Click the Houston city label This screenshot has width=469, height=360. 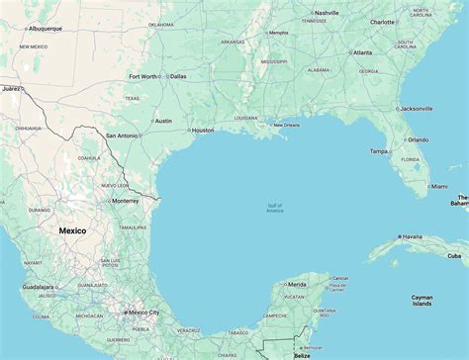pyautogui.click(x=202, y=131)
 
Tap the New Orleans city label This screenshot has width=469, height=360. pyautogui.click(x=286, y=125)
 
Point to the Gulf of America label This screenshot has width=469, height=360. pyautogui.click(x=274, y=208)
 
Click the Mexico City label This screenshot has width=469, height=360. pyautogui.click(x=142, y=313)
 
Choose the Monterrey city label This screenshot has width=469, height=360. pyautogui.click(x=126, y=201)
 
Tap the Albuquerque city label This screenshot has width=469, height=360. pyautogui.click(x=44, y=29)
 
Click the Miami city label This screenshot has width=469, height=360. pyautogui.click(x=438, y=186)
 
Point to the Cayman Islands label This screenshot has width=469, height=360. pyautogui.click(x=422, y=301)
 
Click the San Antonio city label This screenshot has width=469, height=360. pyautogui.click(x=123, y=135)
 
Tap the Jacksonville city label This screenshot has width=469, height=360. pyautogui.click(x=416, y=109)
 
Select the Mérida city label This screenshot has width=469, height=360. pyautogui.click(x=297, y=285)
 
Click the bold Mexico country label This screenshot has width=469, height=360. pyautogui.click(x=72, y=230)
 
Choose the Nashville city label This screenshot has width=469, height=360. pyautogui.click(x=327, y=13)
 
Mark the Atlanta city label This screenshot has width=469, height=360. pyautogui.click(x=363, y=52)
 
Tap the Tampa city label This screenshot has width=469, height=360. pyautogui.click(x=379, y=151)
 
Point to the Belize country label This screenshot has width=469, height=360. pyautogui.click(x=301, y=355)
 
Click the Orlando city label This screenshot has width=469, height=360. pyautogui.click(x=418, y=139)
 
